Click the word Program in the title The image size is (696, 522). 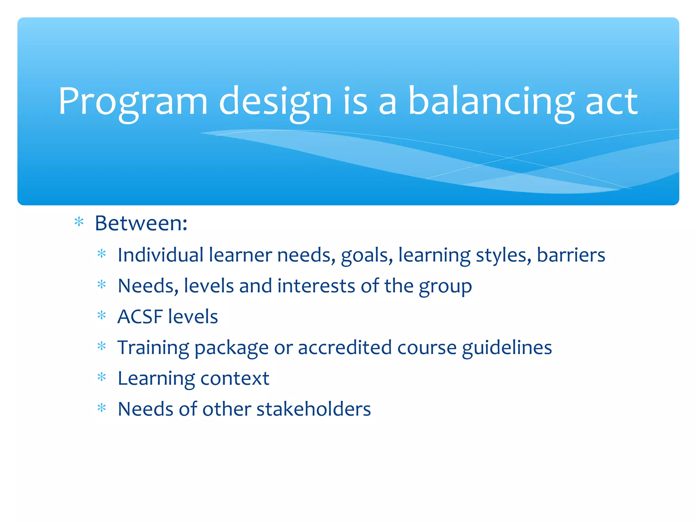pyautogui.click(x=133, y=102)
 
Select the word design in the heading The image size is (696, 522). pyautogui.click(x=275, y=102)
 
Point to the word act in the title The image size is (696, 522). pyautogui.click(x=611, y=102)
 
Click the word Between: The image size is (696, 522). pyautogui.click(x=141, y=223)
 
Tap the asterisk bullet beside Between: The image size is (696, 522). pyautogui.click(x=79, y=223)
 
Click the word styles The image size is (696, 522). pyautogui.click(x=503, y=256)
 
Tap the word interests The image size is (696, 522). pyautogui.click(x=316, y=286)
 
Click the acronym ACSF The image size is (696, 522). pyautogui.click(x=140, y=317)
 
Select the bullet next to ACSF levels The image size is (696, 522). pyautogui.click(x=102, y=316)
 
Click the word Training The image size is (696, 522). pyautogui.click(x=153, y=348)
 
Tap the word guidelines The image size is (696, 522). pyautogui.click(x=507, y=348)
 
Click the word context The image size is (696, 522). pyautogui.click(x=235, y=378)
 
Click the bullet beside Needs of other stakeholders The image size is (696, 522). pyautogui.click(x=102, y=408)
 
